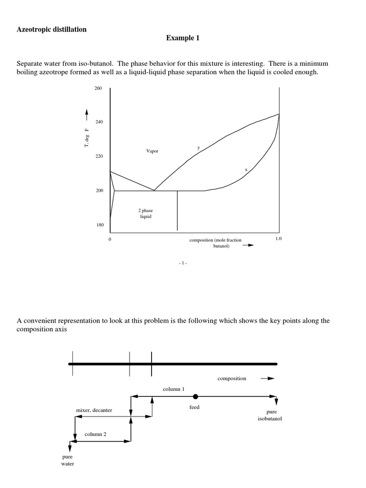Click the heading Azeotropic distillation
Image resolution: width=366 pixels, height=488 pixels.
52,30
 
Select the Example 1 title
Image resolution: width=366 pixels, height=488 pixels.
183,38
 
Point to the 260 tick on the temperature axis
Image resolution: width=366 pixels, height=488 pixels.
99,89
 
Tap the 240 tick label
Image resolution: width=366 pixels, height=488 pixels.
99,122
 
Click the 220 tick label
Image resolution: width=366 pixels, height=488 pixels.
99,157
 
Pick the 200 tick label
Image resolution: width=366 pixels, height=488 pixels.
99,191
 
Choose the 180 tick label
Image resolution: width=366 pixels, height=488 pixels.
99,225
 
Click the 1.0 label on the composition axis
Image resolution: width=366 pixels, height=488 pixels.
279,238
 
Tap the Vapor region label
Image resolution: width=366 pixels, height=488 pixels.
152,151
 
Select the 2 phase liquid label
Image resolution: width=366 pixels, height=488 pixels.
146,213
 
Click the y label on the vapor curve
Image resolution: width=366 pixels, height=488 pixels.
199,148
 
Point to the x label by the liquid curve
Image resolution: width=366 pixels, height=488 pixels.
246,169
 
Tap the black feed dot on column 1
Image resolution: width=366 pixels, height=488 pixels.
195,396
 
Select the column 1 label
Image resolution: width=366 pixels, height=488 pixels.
173,389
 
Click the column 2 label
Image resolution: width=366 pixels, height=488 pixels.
96,434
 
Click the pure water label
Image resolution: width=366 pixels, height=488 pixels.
68,460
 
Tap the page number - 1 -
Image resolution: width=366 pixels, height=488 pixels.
183,263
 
